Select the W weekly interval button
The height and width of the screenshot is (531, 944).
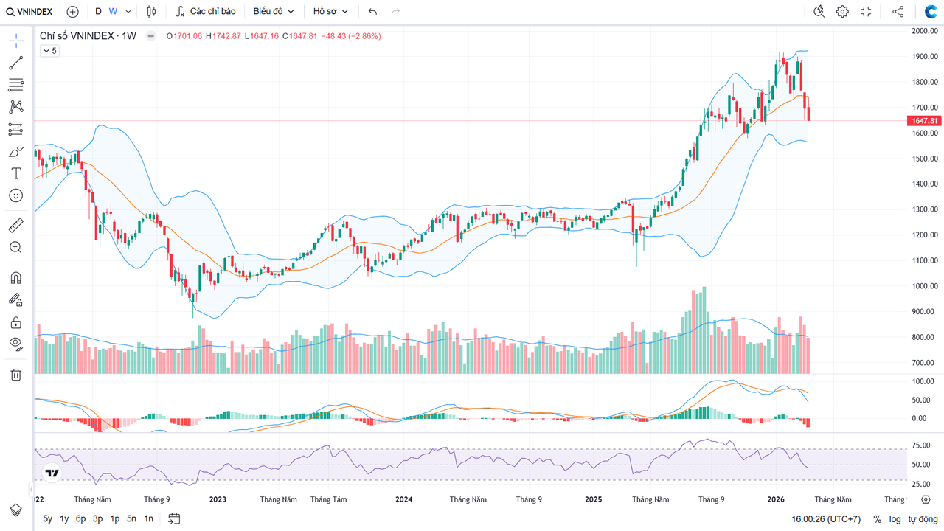click(x=113, y=12)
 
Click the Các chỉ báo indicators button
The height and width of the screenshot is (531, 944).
click(x=206, y=12)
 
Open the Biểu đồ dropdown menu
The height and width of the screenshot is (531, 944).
click(x=274, y=12)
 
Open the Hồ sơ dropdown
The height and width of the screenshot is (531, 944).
click(x=330, y=12)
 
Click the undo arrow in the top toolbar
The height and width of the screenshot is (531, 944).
click(x=372, y=12)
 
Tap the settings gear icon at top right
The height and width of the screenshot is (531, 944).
click(x=842, y=12)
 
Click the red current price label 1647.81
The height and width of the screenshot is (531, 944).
click(x=924, y=121)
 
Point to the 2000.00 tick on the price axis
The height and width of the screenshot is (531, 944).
click(x=924, y=31)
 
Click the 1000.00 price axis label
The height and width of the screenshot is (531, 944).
click(x=924, y=286)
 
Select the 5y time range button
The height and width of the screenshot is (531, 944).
click(x=48, y=519)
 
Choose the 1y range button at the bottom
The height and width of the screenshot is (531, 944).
click(x=64, y=519)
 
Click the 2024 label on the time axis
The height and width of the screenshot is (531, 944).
click(x=403, y=499)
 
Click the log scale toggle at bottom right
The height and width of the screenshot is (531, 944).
click(x=895, y=519)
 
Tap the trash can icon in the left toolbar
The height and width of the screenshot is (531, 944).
click(x=15, y=375)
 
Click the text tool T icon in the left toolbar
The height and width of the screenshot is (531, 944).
click(x=15, y=173)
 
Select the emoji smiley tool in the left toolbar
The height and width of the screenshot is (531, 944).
click(x=15, y=195)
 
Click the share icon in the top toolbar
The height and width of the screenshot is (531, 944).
click(x=898, y=12)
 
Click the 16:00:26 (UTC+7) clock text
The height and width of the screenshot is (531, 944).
click(x=826, y=519)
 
